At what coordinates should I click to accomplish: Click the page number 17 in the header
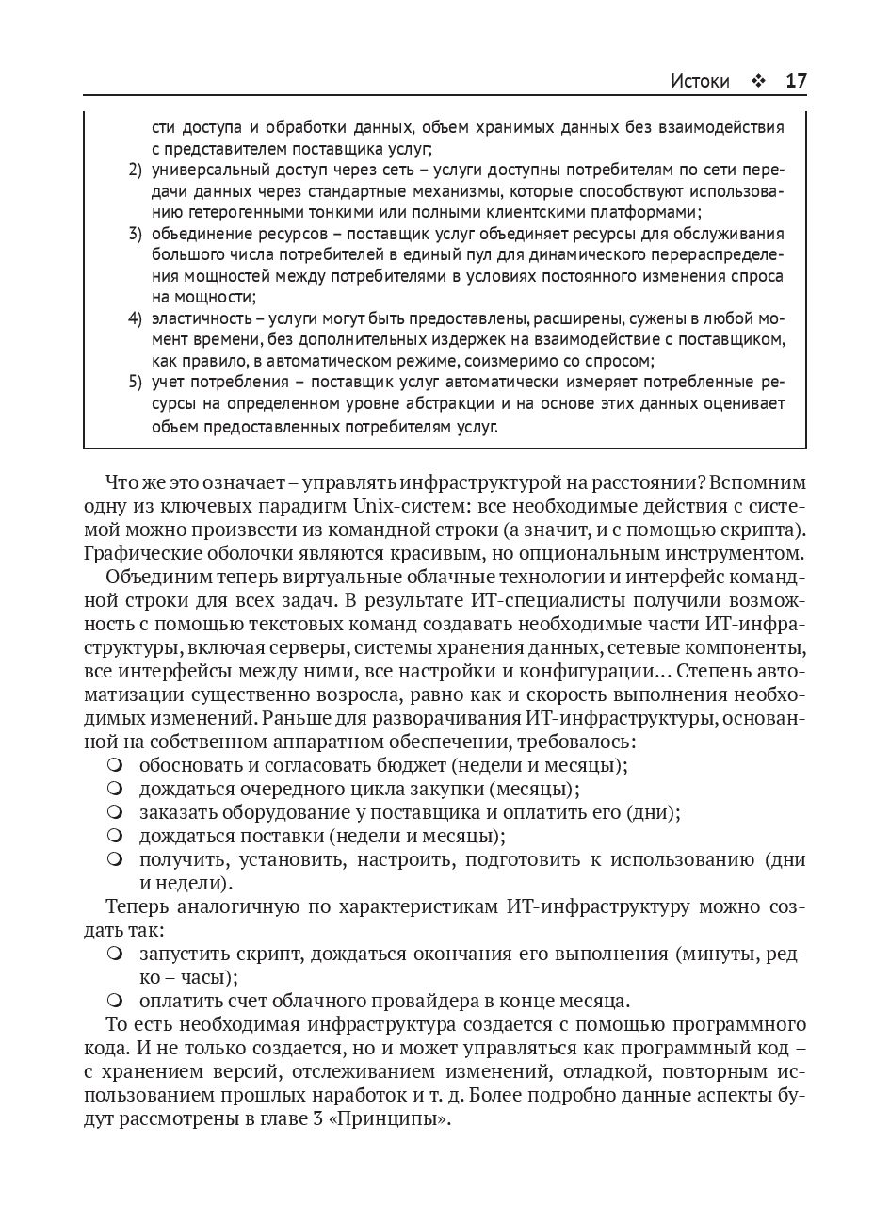coord(795,81)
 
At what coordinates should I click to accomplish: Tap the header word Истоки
coord(700,81)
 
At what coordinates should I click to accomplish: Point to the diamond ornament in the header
coord(757,82)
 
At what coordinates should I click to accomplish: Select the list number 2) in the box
coord(135,170)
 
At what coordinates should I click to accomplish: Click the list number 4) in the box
coord(135,318)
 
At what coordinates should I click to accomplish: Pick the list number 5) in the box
coord(135,383)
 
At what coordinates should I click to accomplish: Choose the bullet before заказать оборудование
coord(115,810)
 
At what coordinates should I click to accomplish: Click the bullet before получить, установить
coord(115,858)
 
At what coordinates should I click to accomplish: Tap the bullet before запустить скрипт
coord(115,953)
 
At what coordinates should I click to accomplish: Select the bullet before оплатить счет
coord(115,999)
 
